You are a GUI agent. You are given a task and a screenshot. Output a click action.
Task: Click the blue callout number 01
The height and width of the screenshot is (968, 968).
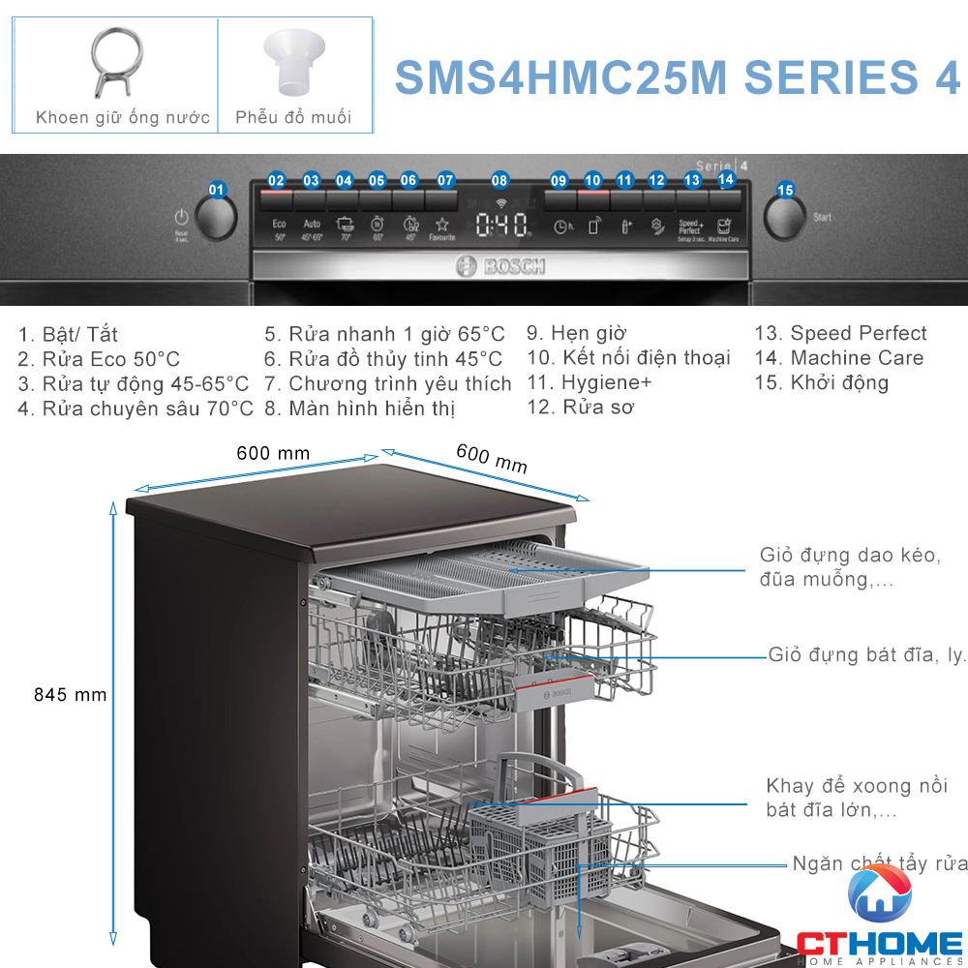coord(217,190)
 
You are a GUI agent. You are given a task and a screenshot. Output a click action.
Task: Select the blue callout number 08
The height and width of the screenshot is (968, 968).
coord(499,180)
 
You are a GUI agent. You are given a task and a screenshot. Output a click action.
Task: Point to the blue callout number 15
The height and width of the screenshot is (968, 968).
coord(785,190)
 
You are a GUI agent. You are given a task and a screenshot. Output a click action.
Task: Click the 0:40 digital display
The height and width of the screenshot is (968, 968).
coord(501,226)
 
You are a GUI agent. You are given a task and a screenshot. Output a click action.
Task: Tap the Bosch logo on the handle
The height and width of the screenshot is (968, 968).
coord(500,266)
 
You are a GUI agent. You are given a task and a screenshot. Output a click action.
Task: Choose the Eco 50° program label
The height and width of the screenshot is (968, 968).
coord(279,228)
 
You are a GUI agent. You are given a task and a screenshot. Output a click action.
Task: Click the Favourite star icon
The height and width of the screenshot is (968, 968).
coord(442,227)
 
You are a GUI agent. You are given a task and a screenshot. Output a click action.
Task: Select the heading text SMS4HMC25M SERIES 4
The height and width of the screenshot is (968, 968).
coord(678,76)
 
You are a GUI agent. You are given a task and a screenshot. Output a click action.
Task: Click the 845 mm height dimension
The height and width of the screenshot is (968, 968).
coord(70,695)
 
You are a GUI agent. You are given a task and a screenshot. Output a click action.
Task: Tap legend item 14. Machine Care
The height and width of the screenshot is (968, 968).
coord(838,358)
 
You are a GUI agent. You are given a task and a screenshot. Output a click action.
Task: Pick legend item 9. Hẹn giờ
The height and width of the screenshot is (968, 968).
coord(576,334)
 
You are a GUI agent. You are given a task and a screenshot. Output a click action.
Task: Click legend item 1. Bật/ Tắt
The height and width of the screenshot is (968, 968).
coord(68,335)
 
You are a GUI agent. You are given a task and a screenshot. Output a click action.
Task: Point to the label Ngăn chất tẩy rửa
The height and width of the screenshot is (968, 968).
coord(879,863)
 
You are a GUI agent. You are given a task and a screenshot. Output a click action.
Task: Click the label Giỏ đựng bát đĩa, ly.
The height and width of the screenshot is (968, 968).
coord(867,655)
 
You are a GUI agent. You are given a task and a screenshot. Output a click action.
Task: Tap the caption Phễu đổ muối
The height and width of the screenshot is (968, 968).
coord(293,118)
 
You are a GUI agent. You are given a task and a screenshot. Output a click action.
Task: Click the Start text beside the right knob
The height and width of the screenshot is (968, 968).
coord(822,218)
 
